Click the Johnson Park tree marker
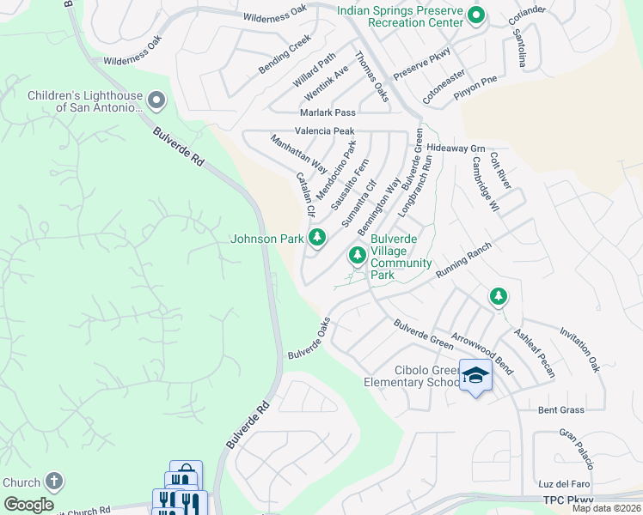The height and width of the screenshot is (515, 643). tap(317, 238)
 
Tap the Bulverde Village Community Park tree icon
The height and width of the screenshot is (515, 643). tap(357, 255)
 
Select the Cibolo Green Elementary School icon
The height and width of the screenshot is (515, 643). tap(475, 377)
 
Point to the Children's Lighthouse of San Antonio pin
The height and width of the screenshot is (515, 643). tap(156, 101)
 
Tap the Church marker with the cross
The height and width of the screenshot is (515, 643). tap(54, 482)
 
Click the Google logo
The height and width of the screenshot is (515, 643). tap(29, 505)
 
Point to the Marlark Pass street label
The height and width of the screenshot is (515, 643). tap(327, 112)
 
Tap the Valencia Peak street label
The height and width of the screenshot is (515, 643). tap(324, 131)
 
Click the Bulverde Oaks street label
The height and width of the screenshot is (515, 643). tap(309, 340)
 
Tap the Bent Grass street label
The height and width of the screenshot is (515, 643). tap(560, 410)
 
